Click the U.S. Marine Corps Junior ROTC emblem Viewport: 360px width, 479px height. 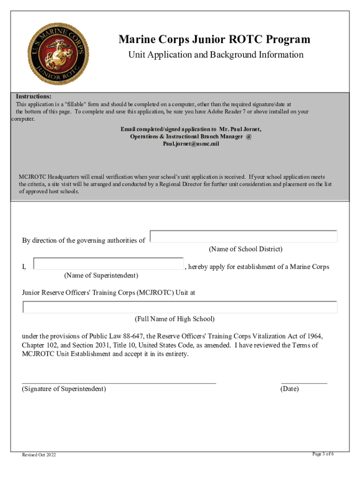(x=59, y=53)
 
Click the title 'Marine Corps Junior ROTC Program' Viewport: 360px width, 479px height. (x=214, y=40)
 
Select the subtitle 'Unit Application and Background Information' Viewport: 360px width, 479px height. (x=216, y=55)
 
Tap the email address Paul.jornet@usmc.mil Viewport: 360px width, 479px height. (x=191, y=144)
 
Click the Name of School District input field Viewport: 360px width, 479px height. (x=244, y=236)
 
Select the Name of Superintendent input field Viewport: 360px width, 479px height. (x=109, y=264)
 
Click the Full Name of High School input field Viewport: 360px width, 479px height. (x=180, y=307)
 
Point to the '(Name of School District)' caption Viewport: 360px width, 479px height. (x=245, y=249)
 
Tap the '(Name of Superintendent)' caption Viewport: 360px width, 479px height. (x=101, y=276)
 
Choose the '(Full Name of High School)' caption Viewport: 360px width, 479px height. (x=175, y=319)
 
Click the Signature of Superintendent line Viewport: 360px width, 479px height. (x=119, y=382)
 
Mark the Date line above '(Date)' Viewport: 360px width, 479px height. (x=304, y=382)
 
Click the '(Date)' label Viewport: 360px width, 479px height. (x=289, y=389)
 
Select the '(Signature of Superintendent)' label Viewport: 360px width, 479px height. (x=64, y=389)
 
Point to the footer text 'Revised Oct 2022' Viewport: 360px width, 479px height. (x=39, y=455)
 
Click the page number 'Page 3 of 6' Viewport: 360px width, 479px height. (x=323, y=454)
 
